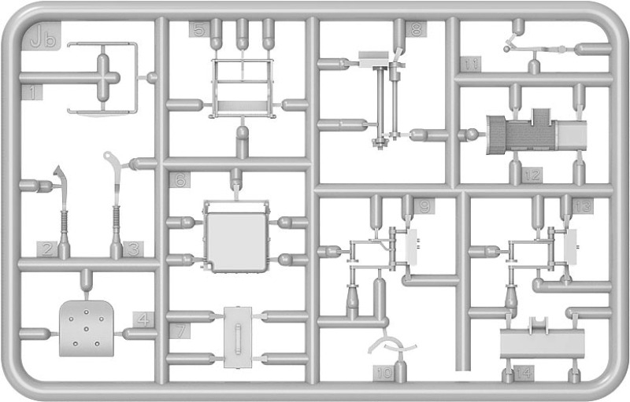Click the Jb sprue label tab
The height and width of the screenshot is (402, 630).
pyautogui.click(x=45, y=37)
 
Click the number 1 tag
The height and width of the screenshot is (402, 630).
pyautogui.click(x=32, y=92)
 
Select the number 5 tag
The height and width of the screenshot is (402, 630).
pyautogui.click(x=199, y=29)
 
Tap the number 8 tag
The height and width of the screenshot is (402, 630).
pyautogui.click(x=417, y=29)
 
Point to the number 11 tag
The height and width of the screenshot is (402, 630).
pyautogui.click(x=470, y=65)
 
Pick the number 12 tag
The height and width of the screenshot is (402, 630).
pyautogui.click(x=532, y=175)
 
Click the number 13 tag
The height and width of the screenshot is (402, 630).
pyautogui.click(x=583, y=206)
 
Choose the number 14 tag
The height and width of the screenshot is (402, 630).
pyautogui.click(x=524, y=374)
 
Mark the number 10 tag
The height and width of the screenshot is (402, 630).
pyautogui.click(x=384, y=373)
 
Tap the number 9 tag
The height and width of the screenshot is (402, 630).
pyautogui.click(x=424, y=206)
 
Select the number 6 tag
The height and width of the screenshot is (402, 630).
pyautogui.click(x=180, y=180)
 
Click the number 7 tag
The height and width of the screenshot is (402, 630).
pyautogui.click(x=180, y=331)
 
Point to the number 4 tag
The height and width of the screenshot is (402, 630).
pyautogui.click(x=143, y=319)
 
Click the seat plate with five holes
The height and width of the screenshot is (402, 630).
pyautogui.click(x=86, y=329)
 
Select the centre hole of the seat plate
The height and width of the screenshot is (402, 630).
pyautogui.click(x=86, y=329)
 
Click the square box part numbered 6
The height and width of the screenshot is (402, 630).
pyautogui.click(x=236, y=237)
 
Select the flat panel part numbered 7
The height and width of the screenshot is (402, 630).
pyautogui.click(x=238, y=337)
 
